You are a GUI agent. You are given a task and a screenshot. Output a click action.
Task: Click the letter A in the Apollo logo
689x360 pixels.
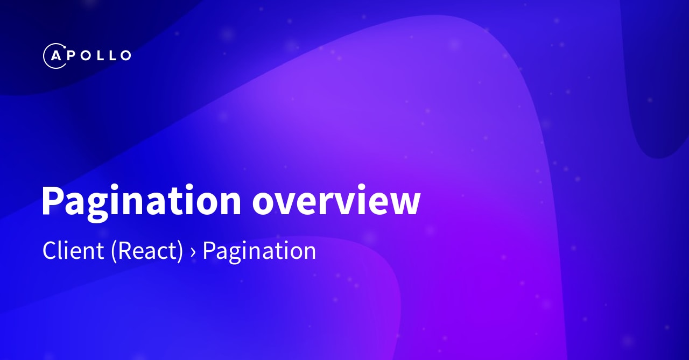click(55, 55)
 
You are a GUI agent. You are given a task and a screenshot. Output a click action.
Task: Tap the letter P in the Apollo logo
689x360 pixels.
click(71, 55)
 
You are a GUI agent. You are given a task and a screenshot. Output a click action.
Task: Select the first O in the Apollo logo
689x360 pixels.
click(85, 55)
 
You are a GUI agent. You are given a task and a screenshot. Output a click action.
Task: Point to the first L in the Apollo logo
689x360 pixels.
click(100, 55)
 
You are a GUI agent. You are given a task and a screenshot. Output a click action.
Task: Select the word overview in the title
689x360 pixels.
click(336, 201)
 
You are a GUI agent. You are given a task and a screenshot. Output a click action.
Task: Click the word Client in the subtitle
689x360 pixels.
click(73, 251)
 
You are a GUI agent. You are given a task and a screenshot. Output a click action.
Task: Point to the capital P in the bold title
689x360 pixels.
click(52, 200)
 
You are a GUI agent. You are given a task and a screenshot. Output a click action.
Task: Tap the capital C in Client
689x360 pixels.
click(50, 251)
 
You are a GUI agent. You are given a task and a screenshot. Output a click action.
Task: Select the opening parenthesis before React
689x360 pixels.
click(114, 252)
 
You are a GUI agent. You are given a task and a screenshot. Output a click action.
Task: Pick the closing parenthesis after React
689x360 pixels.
click(180, 252)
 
